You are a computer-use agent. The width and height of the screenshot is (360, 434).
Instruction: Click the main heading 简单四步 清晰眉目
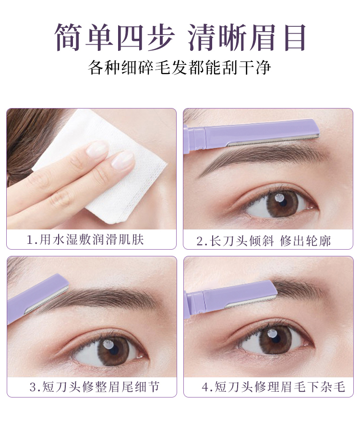(180, 37)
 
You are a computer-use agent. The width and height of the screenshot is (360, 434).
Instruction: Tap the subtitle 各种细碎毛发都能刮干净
(180, 68)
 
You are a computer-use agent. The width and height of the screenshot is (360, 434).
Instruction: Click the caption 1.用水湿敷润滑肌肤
(85, 240)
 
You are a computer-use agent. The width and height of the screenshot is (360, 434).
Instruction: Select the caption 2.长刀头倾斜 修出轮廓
(264, 241)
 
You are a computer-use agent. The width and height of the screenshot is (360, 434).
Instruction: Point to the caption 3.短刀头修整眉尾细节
(95, 386)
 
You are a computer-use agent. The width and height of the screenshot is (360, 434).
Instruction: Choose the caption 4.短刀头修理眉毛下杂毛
(274, 386)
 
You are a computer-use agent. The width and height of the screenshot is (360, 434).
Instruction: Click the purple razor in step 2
(252, 133)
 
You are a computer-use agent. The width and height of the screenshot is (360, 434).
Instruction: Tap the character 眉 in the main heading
(263, 37)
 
